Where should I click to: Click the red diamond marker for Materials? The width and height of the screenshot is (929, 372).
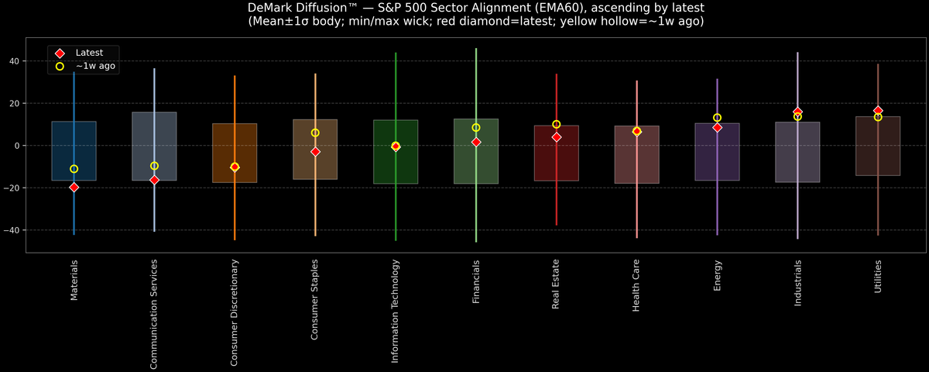pyautogui.click(x=74, y=188)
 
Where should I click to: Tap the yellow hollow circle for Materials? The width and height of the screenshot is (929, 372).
pyautogui.click(x=74, y=169)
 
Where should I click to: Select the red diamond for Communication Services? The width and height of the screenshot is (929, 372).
pyautogui.click(x=154, y=180)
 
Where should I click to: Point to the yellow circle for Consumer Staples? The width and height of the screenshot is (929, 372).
pyautogui.click(x=315, y=133)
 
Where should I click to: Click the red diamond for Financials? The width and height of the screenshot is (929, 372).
pyautogui.click(x=476, y=143)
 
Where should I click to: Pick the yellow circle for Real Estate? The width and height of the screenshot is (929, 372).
pyautogui.click(x=557, y=124)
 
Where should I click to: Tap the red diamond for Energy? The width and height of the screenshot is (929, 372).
pyautogui.click(x=718, y=127)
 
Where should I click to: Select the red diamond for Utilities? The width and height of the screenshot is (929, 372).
pyautogui.click(x=878, y=110)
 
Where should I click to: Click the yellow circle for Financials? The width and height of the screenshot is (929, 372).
pyautogui.click(x=476, y=127)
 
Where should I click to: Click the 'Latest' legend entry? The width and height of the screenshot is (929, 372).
pyautogui.click(x=88, y=52)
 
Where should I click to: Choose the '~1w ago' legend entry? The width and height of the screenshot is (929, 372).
pyautogui.click(x=94, y=67)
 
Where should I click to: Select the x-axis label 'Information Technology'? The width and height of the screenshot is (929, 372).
pyautogui.click(x=396, y=311)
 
